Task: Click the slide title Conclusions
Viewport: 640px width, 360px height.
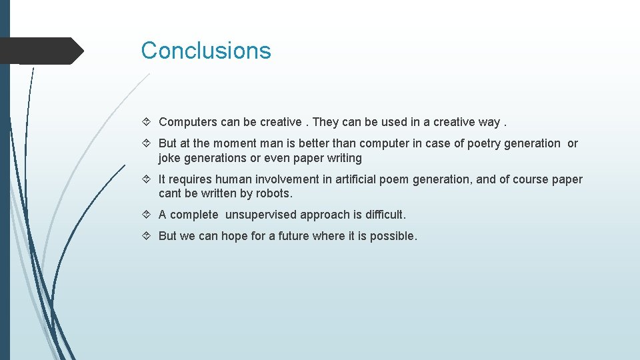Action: coord(206,51)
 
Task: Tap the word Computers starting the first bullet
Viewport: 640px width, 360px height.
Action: coord(186,122)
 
